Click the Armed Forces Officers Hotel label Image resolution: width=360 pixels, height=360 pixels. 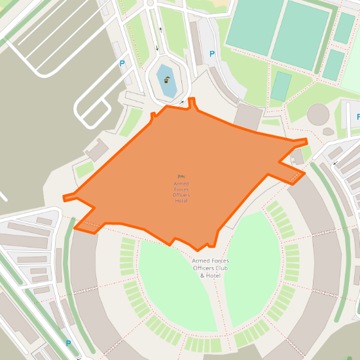tap(181, 192)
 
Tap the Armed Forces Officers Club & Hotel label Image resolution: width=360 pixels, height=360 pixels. tap(210, 268)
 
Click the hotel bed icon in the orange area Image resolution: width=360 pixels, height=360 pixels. tap(181, 175)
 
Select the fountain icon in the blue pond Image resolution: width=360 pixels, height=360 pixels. tap(168, 81)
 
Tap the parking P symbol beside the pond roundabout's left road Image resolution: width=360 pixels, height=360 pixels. tap(122, 63)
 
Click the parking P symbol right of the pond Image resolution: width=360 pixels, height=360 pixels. tap(211, 54)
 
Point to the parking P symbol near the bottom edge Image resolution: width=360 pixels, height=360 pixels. tap(68, 343)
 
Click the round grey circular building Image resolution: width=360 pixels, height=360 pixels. tap(319, 114)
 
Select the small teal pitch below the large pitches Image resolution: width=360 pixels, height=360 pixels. tap(281, 86)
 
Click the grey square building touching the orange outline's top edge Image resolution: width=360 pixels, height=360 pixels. tap(247, 115)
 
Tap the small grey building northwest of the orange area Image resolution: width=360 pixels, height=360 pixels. tap(96, 150)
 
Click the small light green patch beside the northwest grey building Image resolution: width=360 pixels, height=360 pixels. tap(84, 170)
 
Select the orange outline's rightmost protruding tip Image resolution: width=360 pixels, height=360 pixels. tap(305, 141)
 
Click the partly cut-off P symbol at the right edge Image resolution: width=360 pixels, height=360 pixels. tap(357, 117)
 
